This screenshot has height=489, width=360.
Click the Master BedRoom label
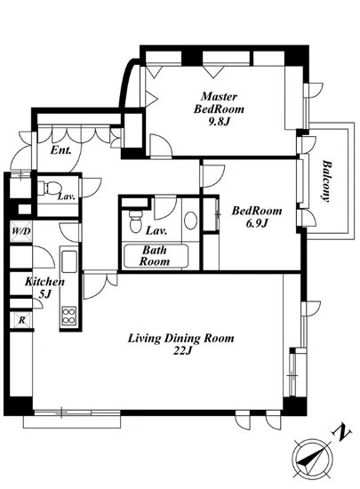219,103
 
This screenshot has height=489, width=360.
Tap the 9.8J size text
219,122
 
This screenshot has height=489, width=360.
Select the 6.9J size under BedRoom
257,223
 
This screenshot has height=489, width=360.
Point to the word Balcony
326,181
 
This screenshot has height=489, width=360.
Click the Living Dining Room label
180,339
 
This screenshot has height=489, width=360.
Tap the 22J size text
182,351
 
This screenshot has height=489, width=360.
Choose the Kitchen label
44,282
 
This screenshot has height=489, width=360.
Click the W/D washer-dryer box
21,231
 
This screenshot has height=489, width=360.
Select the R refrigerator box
21,320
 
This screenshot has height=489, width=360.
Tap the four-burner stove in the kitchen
68,316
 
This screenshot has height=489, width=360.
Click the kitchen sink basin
68,261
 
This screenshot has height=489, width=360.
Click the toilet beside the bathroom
135,221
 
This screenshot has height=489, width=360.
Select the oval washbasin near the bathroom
190,220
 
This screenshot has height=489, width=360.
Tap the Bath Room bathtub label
155,256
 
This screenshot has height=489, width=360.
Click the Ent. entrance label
61,150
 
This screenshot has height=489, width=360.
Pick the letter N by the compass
341,434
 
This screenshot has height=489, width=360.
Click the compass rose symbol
312,460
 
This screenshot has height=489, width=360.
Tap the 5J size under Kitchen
44,294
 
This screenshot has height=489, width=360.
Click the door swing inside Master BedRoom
161,146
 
